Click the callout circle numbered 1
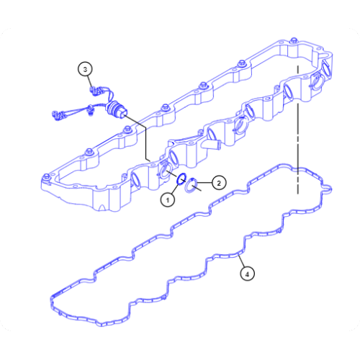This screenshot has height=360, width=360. point(167,199)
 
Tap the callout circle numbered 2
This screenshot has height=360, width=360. point(219,182)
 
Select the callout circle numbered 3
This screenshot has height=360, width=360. point(86,69)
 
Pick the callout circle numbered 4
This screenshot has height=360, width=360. point(248,274)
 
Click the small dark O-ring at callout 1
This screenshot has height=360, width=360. point(182,179)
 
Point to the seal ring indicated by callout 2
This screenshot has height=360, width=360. point(193,188)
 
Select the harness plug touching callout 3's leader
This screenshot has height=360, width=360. point(95,90)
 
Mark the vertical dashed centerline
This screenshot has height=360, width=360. point(297,144)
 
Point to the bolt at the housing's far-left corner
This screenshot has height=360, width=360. point(48,175)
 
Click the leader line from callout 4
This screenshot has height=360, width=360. point(243,261)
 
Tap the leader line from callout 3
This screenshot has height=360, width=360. point(90,80)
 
